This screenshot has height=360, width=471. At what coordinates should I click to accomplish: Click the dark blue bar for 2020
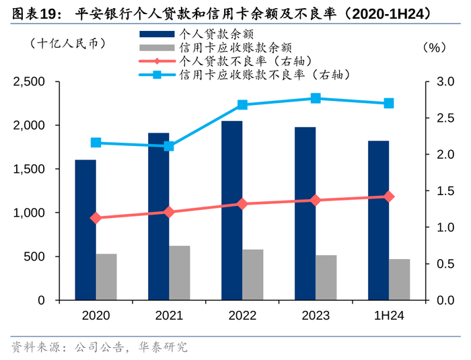[x=85, y=229]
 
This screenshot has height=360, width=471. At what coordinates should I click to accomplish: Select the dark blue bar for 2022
[x=232, y=210]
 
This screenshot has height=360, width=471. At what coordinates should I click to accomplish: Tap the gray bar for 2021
[x=180, y=273]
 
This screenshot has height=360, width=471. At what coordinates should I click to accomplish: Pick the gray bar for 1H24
[x=399, y=279]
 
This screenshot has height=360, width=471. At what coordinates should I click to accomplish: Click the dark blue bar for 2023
[x=305, y=213]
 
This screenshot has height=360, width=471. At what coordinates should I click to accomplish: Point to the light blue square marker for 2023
[x=316, y=98]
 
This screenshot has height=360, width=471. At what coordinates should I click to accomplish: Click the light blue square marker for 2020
[x=96, y=143]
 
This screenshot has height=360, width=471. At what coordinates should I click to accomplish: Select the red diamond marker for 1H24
[x=388, y=196]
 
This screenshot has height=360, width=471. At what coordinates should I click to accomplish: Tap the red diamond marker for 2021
[x=169, y=212]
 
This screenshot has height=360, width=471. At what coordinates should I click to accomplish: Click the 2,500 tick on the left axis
[x=30, y=82]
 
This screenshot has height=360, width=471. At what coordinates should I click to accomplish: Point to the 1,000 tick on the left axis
[x=30, y=213]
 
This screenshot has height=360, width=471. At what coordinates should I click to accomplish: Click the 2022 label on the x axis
[x=242, y=316]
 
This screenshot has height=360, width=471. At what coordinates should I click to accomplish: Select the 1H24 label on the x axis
[x=389, y=316]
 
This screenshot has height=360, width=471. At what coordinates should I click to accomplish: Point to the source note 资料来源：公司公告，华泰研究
[x=100, y=347]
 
